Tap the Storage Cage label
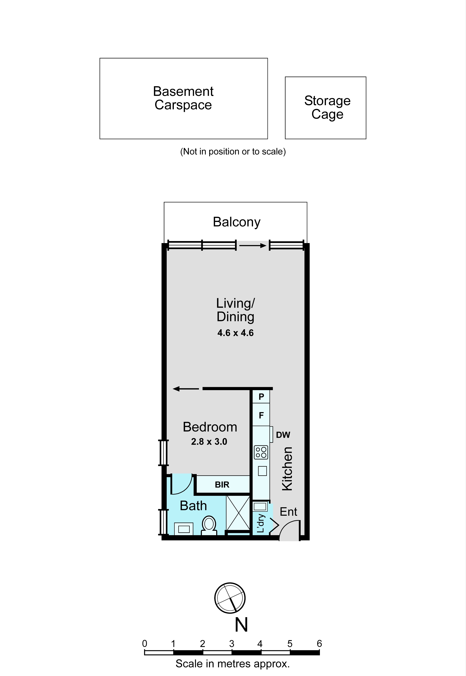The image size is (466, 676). [327, 107]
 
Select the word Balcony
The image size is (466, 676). [237, 222]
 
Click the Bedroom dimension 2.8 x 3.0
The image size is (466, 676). [209, 442]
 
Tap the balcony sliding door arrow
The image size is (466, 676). [253, 246]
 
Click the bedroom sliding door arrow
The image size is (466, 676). [186, 389]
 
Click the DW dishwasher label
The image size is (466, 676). [283, 435]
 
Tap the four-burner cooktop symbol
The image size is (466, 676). [261, 452]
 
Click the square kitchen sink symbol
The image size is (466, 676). [262, 471]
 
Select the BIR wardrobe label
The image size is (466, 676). [222, 485]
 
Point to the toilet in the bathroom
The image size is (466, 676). [209, 525]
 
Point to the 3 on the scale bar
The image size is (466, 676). [231, 644]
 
